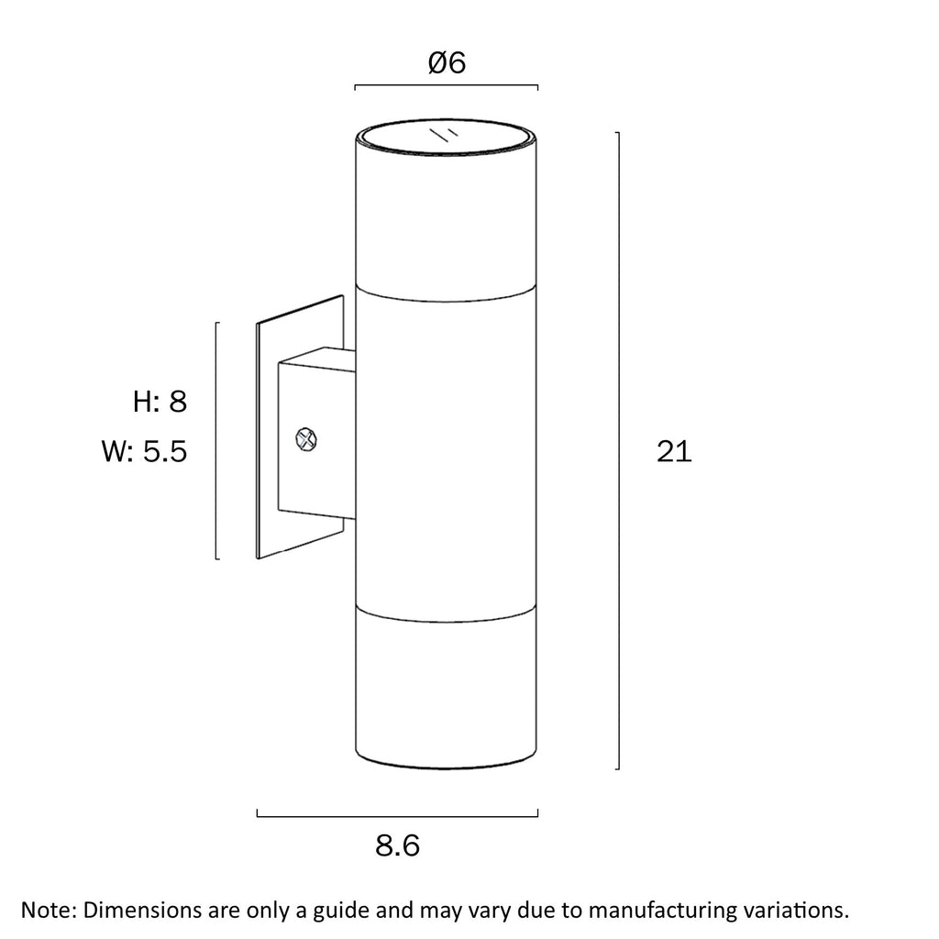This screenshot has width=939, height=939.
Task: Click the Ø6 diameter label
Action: (447, 62)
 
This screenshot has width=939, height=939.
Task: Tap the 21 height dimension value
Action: (674, 451)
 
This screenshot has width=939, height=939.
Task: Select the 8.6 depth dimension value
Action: (398, 845)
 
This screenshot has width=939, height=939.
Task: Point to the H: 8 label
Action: (160, 402)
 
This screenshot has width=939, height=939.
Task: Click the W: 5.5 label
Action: (144, 451)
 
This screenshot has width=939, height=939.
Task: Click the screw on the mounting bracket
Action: (306, 440)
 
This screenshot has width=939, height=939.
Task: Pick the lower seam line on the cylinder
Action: (447, 615)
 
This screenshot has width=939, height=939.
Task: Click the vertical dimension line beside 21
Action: (619, 450)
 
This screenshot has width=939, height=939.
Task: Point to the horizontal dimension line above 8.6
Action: (398, 815)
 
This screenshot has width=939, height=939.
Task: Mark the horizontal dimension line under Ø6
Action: (447, 85)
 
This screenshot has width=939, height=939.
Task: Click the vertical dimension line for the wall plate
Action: (216, 441)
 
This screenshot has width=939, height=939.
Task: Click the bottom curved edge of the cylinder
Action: (447, 762)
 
